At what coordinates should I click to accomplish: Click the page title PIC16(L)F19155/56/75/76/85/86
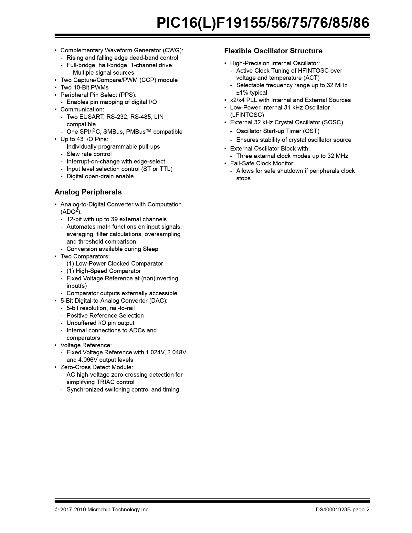(263, 23)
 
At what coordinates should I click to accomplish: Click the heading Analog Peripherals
(88, 192)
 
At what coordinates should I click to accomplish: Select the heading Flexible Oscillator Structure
(273, 51)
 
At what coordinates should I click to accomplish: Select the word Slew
(73, 154)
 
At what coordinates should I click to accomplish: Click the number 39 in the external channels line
(114, 219)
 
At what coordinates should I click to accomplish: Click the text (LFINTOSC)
(247, 115)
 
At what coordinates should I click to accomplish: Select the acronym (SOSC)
(333, 122)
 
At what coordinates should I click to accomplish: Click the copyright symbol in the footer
(57, 509)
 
